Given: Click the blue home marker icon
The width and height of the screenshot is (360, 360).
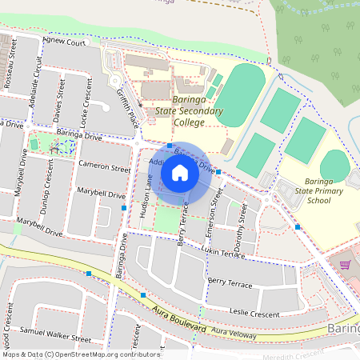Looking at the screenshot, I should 180,173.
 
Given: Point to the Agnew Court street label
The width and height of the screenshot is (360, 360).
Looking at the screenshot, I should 64,42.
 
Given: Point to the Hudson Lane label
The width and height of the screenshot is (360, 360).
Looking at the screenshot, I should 146,198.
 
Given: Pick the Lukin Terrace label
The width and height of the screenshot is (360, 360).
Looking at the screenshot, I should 222,252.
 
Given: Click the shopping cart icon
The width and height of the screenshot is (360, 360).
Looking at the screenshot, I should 345,264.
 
